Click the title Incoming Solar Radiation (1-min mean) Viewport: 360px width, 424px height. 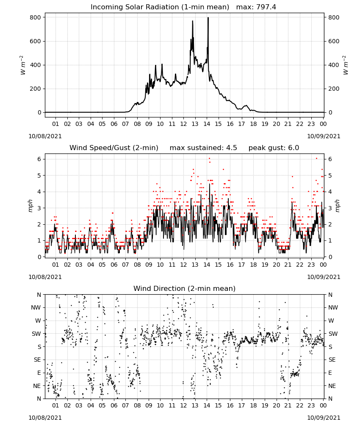coord(160,7)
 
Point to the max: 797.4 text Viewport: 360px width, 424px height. coord(256,7)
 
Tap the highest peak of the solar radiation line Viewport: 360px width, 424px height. coord(208,18)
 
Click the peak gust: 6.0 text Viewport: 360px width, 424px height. coord(274,148)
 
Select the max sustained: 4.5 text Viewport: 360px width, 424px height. coord(203,148)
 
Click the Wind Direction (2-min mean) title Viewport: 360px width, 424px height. coord(185,288)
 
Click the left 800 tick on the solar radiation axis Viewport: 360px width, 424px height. coord(36,17)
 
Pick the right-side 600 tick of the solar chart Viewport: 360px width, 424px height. coord(334,41)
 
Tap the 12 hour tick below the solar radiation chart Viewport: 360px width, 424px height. coord(183,124)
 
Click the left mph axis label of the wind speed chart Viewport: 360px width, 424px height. coord(30,206)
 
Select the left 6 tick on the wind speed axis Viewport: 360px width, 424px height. coord(39,159)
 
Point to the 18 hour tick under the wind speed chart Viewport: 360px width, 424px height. coord(253,265)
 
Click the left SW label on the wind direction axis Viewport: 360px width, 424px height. coord(36,334)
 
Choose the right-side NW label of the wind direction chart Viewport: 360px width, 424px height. coord(333,307)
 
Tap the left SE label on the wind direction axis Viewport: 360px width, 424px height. coord(37,360)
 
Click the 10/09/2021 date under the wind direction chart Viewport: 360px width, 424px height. coord(324,418)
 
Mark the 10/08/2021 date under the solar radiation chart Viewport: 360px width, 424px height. coord(45,136)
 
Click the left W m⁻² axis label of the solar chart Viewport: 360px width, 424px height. coord(23,65)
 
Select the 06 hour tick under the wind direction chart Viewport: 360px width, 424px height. coord(114,405)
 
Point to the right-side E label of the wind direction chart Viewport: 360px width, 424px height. coord(330,373)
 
